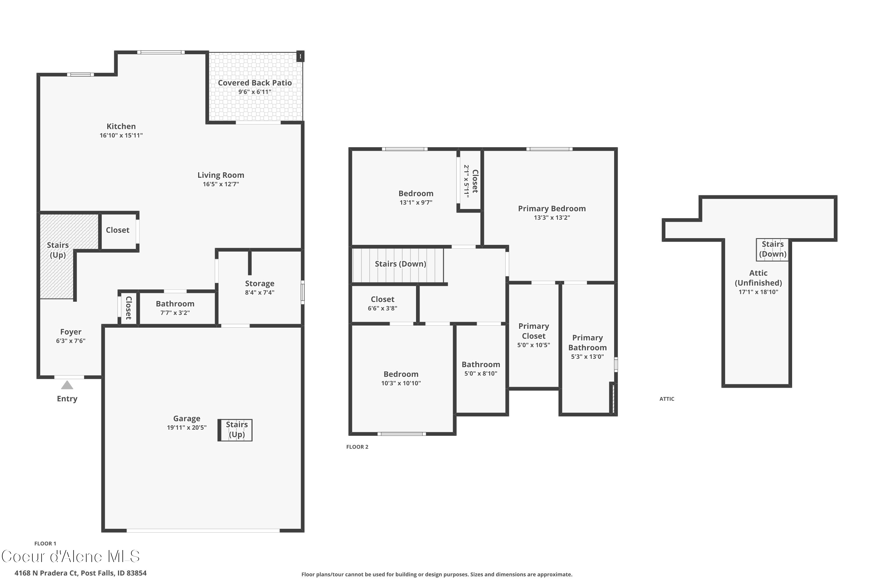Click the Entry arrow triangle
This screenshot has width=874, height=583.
[67, 385]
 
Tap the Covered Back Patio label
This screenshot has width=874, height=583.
[255, 83]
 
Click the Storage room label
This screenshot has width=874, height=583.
[259, 284]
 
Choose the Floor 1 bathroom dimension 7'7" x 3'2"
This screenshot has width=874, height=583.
[175, 313]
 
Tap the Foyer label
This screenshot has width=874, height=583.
[71, 332]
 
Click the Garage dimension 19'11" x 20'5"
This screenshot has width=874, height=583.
[186, 428]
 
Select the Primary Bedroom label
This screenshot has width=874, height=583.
[551, 209]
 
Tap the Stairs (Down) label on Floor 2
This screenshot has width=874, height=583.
[400, 264]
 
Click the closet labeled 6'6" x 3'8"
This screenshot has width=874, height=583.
[382, 303]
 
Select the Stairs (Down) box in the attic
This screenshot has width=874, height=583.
[772, 250]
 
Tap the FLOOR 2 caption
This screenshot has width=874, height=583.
[357, 447]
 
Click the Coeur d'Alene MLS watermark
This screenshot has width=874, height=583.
[71, 556]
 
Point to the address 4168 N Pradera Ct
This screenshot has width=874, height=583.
[80, 573]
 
